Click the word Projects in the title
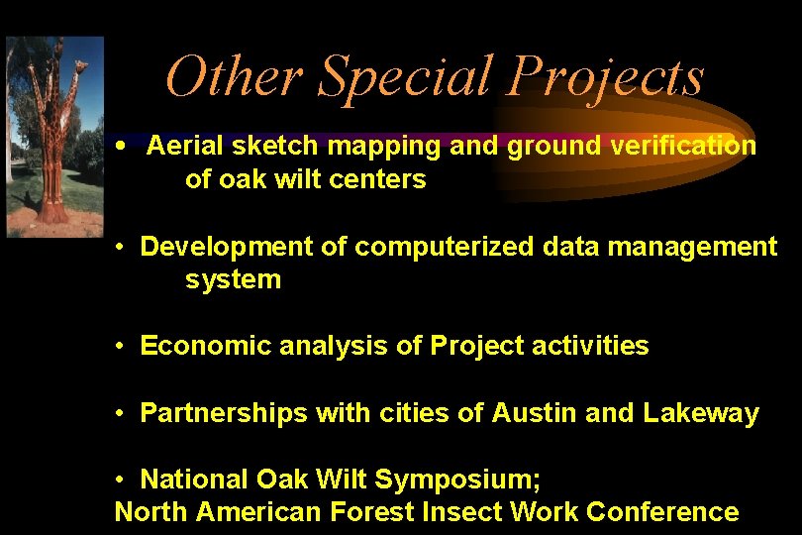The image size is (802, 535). pos(605,77)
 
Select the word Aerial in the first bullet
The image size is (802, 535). pos(184,147)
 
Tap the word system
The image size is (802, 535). pos(233,280)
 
